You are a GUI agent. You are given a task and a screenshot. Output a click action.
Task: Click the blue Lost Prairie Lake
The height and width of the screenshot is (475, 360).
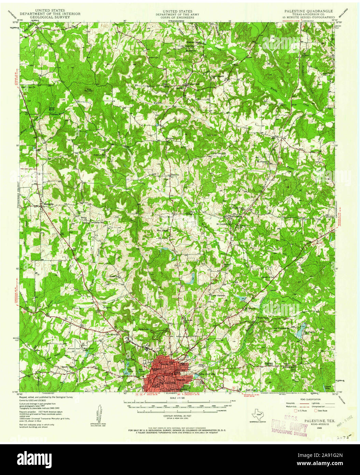[300, 330]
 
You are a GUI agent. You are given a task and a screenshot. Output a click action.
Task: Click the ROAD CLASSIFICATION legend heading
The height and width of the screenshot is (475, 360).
[310, 399]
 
